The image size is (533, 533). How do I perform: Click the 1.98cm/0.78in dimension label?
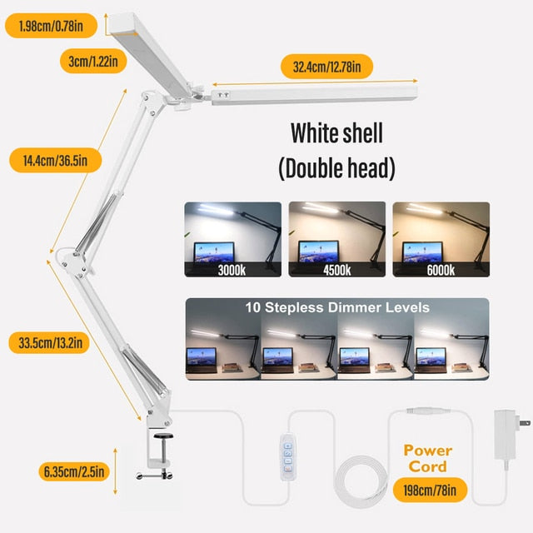51,26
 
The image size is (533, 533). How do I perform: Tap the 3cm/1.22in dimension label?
93,62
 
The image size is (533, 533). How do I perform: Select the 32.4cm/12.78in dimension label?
326,67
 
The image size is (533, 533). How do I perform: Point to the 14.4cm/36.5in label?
56,161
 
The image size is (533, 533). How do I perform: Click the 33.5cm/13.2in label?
50,342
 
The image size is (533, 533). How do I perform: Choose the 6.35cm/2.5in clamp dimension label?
74,471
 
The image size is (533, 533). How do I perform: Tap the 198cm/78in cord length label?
430,491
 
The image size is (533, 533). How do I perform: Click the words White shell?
336,133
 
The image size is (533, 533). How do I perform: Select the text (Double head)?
336,168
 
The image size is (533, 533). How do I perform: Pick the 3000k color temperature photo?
233,239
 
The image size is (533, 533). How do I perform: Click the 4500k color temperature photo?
337,239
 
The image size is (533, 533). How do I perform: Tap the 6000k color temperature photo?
441,239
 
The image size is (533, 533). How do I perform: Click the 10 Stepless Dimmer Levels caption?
337,307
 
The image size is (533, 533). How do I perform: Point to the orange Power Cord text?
427,459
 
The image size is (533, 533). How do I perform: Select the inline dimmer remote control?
287,457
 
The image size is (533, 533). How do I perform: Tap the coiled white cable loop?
361,481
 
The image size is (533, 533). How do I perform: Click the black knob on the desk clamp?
163,436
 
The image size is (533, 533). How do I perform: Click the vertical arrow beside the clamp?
115,471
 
